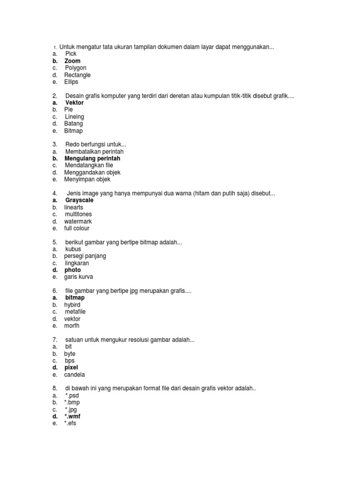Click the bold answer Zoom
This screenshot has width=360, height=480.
[72, 61]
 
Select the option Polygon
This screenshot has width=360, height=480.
[75, 68]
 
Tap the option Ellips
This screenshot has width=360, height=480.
[71, 82]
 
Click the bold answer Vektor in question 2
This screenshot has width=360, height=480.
[75, 103]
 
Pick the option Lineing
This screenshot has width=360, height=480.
[75, 117]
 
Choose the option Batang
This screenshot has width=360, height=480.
[74, 124]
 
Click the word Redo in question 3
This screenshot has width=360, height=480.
[72, 144]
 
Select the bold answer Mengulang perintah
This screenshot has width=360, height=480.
[92, 158]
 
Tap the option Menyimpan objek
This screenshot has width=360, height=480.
[87, 180]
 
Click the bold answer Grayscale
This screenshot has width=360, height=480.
[79, 200]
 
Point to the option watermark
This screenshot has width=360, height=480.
[78, 221]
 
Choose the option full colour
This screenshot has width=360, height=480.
[76, 228]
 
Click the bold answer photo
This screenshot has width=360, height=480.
[73, 270]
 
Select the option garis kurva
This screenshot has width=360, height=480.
[78, 277]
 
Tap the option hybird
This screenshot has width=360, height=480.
[72, 305]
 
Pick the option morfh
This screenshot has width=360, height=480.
[72, 326]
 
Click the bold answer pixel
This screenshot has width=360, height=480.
[71, 367]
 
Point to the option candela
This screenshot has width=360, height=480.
[75, 375]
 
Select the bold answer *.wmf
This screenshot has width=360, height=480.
[73, 416]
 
